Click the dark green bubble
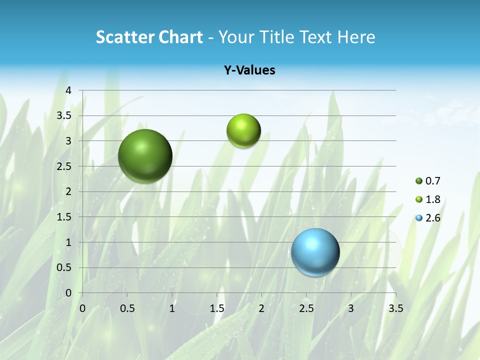(145, 156)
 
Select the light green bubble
(243, 131)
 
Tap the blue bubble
(315, 252)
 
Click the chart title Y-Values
(249, 70)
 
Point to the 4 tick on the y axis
(68, 90)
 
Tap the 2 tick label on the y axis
(68, 191)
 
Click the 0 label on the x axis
(82, 308)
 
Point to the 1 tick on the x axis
(172, 308)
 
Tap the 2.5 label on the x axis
(306, 308)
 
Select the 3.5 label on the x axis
(395, 308)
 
